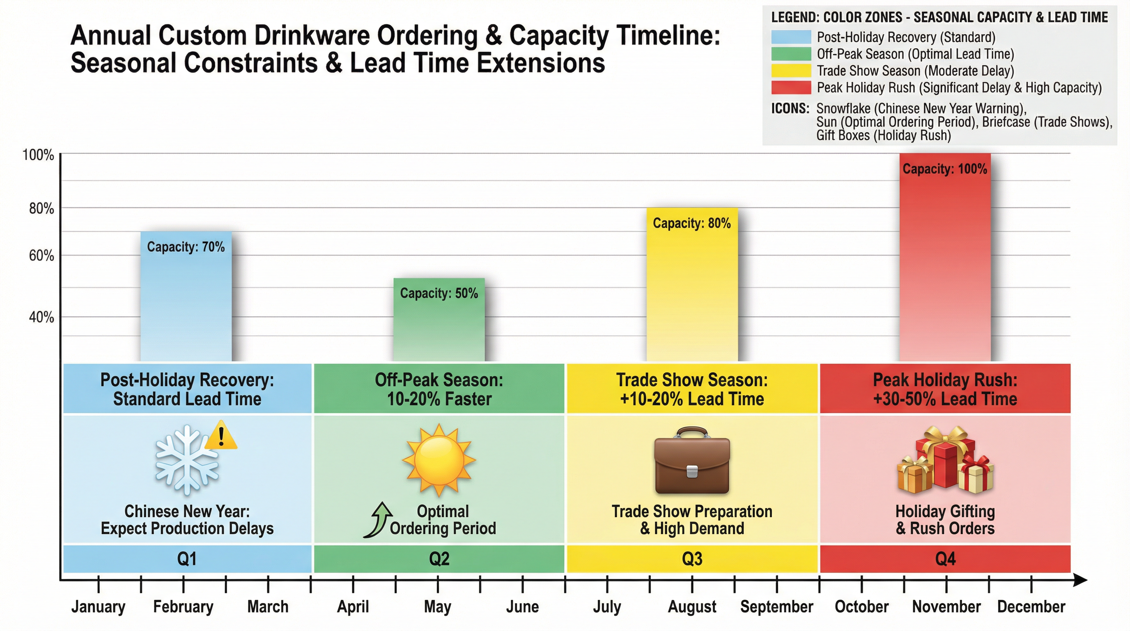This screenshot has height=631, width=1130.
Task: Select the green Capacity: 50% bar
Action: [x=439, y=325]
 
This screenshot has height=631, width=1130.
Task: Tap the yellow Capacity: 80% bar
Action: [x=692, y=290]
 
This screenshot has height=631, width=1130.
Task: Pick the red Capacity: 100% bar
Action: [x=945, y=263]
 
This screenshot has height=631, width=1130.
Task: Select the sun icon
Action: [x=439, y=460]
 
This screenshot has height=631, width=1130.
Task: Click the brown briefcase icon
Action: [x=692, y=461]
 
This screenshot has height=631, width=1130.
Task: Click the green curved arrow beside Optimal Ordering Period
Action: [x=378, y=520]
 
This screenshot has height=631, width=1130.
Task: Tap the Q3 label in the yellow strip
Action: [x=692, y=559]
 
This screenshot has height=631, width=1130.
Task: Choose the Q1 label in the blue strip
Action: [x=186, y=559]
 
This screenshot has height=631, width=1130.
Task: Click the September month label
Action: [x=776, y=607]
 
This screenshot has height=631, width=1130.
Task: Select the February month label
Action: [x=183, y=607]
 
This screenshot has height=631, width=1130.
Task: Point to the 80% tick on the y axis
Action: [x=41, y=208]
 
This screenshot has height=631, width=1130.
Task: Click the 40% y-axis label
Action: [x=41, y=317]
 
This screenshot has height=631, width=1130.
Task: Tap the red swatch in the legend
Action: [x=791, y=88]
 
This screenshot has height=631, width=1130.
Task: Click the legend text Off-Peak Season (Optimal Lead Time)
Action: [x=915, y=54]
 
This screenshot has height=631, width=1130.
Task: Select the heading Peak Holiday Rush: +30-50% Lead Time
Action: [x=945, y=389]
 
